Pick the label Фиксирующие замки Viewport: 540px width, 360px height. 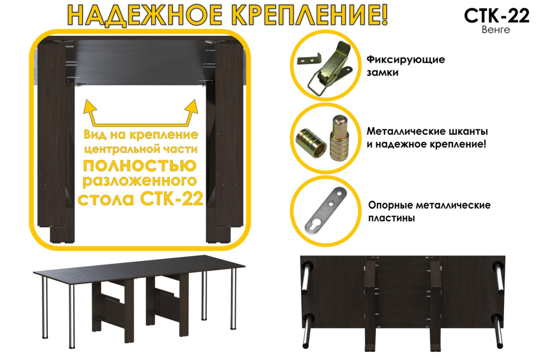coord(405,66)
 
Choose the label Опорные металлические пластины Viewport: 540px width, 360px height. coord(429,211)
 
